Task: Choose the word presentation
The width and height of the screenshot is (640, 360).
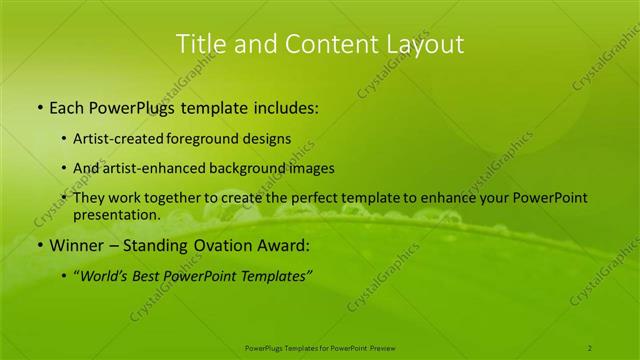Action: [x=117, y=215]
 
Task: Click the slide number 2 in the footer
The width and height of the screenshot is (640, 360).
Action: [x=590, y=347]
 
